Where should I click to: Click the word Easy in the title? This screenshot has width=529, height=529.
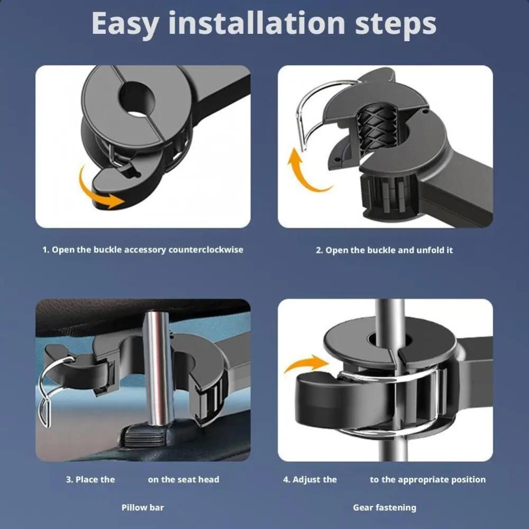pos(125,24)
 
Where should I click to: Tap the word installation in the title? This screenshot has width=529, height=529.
pos(257,23)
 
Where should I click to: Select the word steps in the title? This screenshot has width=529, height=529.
pos(395,25)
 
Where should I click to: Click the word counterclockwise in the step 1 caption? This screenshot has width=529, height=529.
pos(206,250)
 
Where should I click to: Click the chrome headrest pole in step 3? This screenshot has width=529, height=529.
pos(159,368)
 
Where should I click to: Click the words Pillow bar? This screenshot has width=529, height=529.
pos(143,507)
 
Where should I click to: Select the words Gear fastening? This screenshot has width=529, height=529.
pos(385,508)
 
